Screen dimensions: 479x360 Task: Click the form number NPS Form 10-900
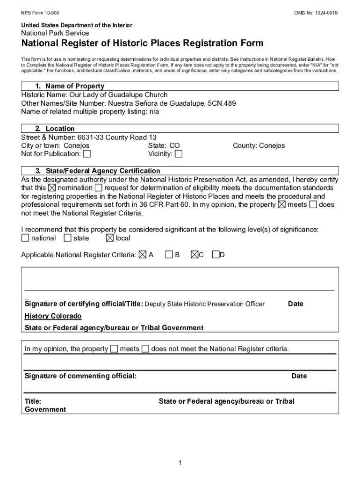click(39, 12)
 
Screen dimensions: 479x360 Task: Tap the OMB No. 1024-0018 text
click(316, 12)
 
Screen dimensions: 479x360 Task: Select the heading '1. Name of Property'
click(70, 86)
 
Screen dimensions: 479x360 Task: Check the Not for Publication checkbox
click(87, 154)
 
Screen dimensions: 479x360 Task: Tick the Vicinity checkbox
click(179, 154)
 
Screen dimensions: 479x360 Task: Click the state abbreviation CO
click(174, 145)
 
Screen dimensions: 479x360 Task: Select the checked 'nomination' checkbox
click(52, 188)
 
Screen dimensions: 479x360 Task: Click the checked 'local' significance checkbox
click(110, 238)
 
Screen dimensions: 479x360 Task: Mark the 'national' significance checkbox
click(25, 238)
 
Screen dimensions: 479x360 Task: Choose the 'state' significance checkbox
click(68, 238)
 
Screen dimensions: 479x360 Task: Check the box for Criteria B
click(169, 255)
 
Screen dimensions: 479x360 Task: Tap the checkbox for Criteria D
click(216, 255)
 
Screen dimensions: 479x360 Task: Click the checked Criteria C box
click(194, 255)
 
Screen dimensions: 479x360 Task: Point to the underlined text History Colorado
click(53, 316)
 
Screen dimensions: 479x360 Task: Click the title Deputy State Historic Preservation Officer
click(204, 304)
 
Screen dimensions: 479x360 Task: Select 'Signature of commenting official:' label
click(80, 376)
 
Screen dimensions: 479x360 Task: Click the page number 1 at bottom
click(180, 463)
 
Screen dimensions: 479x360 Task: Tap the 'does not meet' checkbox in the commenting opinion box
click(145, 349)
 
